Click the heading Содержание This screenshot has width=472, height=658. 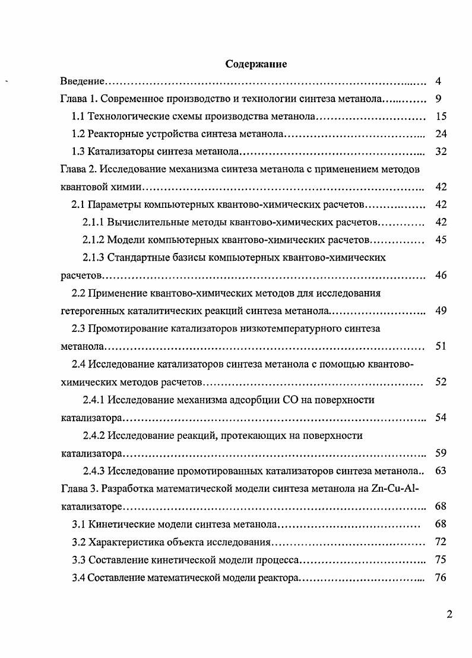click(x=256, y=64)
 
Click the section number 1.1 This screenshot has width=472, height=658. click(x=78, y=116)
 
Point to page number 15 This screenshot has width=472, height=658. click(x=441, y=116)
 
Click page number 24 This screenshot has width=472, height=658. click(x=441, y=134)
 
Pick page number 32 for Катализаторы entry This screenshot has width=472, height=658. click(x=441, y=151)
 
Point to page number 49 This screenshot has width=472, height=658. click(x=441, y=311)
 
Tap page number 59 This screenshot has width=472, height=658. click(x=441, y=454)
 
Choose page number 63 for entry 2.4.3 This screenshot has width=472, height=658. click(x=441, y=472)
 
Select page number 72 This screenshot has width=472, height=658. click(x=441, y=542)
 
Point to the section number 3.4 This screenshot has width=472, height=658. click(x=78, y=578)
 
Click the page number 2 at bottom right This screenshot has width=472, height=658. click(x=449, y=614)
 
